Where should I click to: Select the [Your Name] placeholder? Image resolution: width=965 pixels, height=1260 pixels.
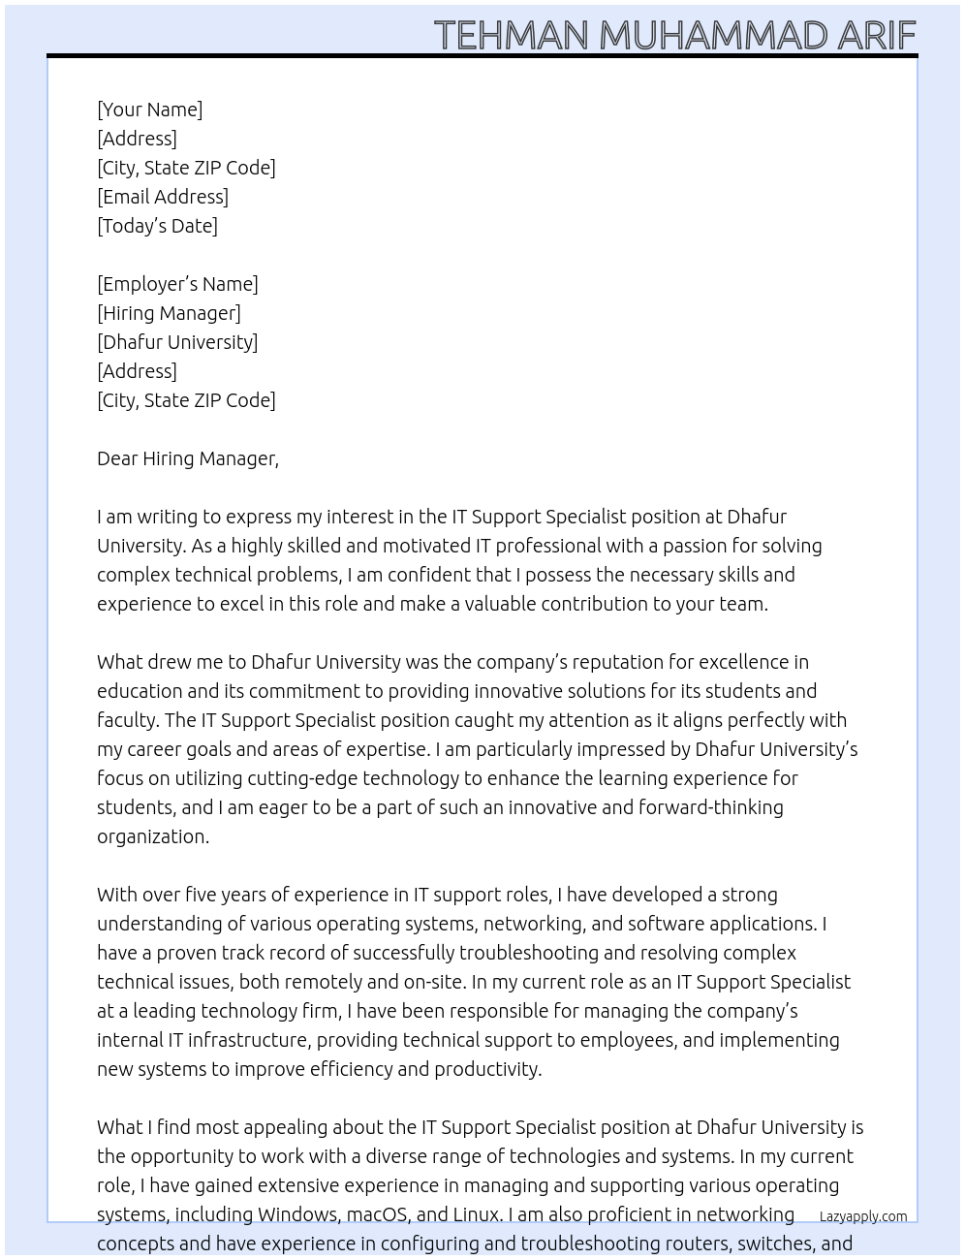(150, 110)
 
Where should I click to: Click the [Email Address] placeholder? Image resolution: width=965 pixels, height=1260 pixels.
(163, 197)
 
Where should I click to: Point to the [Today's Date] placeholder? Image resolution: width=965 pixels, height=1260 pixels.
(157, 226)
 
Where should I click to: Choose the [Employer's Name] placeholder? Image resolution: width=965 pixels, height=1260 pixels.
(177, 284)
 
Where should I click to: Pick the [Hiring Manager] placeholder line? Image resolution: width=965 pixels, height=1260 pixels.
(169, 313)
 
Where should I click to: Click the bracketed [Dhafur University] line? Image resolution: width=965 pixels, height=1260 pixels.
(177, 342)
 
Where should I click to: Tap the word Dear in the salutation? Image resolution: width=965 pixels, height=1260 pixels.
(117, 458)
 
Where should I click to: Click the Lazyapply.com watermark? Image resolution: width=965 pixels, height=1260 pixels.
(863, 1216)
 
